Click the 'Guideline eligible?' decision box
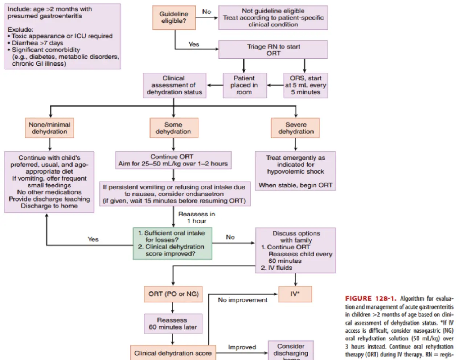[x=174, y=17]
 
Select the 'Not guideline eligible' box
[x=273, y=17]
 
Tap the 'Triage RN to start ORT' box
[x=273, y=50]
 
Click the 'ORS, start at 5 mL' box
[x=306, y=85]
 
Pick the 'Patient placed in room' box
[x=244, y=85]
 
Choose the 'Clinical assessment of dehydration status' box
[x=174, y=85]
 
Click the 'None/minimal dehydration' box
[x=49, y=128]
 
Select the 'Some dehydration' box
[x=173, y=128]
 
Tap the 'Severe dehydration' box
[x=296, y=128]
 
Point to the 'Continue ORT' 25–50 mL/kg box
[x=173, y=160]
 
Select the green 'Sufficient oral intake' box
[x=172, y=243]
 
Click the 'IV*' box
[x=295, y=294]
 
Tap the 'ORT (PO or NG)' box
[x=173, y=294]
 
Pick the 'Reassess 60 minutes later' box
[x=173, y=323]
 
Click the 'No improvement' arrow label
[x=242, y=300]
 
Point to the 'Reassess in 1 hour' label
[x=196, y=218]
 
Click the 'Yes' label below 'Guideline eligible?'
[x=194, y=44]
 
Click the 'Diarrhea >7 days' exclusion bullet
[x=37, y=43]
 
